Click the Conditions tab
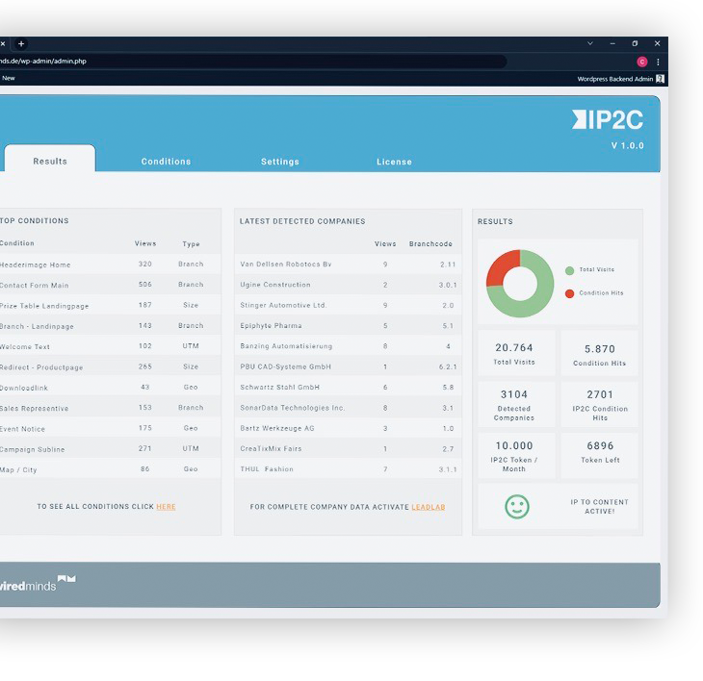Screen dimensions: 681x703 (x=166, y=162)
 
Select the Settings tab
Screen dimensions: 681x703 (x=280, y=162)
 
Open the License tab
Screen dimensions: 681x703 (x=394, y=162)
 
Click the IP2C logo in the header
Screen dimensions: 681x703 (x=608, y=120)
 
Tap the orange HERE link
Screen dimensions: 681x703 (x=166, y=506)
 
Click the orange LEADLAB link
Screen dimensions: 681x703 (x=429, y=506)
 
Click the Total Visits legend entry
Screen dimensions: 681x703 (x=596, y=270)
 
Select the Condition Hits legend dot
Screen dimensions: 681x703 (x=570, y=293)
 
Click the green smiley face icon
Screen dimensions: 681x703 (x=517, y=507)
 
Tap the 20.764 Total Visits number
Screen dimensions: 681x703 (x=514, y=348)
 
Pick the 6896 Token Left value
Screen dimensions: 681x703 (x=600, y=446)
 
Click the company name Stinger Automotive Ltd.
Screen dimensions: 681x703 (x=284, y=305)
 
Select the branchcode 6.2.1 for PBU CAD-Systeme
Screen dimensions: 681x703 (x=448, y=366)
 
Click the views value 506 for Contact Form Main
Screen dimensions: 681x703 (x=145, y=285)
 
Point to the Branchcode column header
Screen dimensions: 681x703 (x=430, y=244)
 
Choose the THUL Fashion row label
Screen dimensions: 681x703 (x=267, y=469)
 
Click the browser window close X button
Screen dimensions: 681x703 (x=658, y=43)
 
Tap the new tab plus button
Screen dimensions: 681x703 (x=21, y=43)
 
